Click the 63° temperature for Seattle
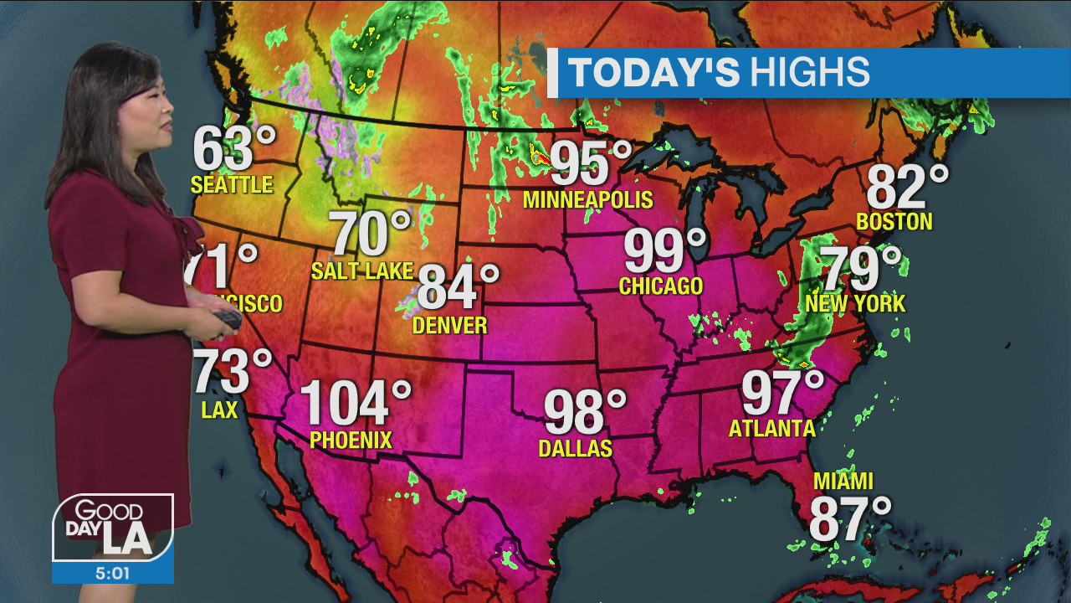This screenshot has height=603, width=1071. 233,148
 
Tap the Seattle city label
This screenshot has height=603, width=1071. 232,184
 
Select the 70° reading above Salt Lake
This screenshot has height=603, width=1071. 371,234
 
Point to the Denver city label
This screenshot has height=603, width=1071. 449,325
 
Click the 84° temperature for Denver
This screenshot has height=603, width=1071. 457,286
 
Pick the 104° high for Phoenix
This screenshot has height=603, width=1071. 355,403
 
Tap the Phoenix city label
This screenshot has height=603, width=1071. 351,440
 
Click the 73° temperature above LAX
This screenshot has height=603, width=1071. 232,372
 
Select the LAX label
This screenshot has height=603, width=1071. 219,410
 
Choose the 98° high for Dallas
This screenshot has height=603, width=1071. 584,411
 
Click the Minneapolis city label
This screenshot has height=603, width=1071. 587,200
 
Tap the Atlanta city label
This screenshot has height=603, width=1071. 771,429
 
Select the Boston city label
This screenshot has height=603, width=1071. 894,222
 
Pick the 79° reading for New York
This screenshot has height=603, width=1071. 862,269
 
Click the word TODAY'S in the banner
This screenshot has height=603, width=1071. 653,73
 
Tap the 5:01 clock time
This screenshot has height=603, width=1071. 113,573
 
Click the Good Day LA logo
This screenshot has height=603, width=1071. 113,527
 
